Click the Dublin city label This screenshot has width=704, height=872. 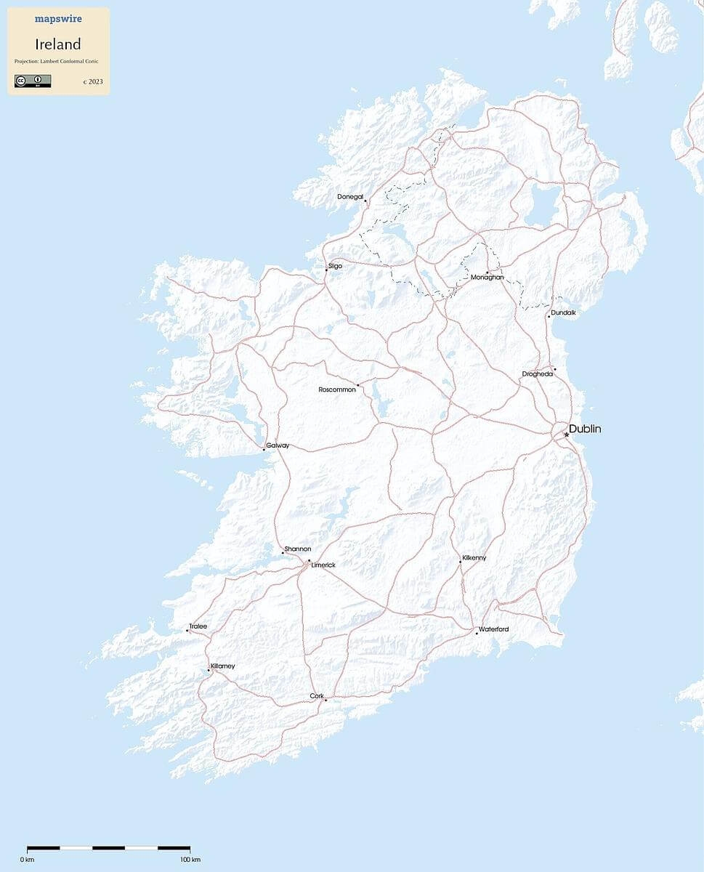[x=585, y=429]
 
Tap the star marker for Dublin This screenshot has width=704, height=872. [x=567, y=435]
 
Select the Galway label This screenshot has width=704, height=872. [x=278, y=445]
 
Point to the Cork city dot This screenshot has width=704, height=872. [x=325, y=700]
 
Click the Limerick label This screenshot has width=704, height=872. [x=323, y=565]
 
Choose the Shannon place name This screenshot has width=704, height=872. [x=298, y=549]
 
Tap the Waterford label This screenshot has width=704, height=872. [x=493, y=629]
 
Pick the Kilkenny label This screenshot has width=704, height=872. [x=474, y=557]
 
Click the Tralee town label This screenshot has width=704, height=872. [x=198, y=626]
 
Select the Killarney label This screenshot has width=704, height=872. [x=223, y=666]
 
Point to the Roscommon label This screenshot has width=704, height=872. [x=337, y=389]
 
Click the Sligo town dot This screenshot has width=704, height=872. [x=326, y=270]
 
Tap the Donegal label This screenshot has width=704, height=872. [x=350, y=197]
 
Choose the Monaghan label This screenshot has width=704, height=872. [x=487, y=277]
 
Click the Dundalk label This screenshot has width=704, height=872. [x=563, y=312]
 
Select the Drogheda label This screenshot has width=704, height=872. [x=538, y=374]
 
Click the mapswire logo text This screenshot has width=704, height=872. [x=58, y=19]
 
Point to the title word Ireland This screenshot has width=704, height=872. [x=58, y=44]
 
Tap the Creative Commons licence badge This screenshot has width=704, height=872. [x=33, y=81]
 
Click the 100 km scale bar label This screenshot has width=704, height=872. [x=190, y=860]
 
